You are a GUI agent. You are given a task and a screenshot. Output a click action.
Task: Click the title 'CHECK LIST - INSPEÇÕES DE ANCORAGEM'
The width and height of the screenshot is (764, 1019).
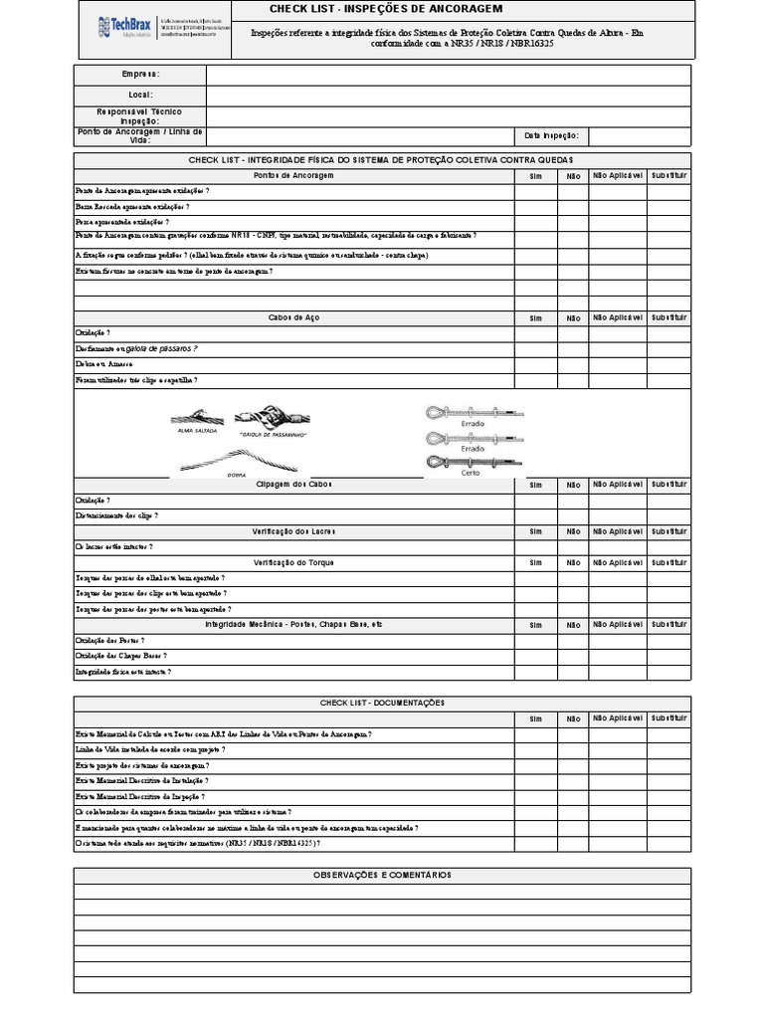tap(385, 10)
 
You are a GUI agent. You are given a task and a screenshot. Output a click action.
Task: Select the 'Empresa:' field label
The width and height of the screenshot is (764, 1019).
tap(140, 75)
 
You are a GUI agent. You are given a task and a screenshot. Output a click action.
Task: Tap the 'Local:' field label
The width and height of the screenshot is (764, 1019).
tap(140, 95)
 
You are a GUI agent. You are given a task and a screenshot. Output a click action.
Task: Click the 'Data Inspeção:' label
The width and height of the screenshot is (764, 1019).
tap(551, 136)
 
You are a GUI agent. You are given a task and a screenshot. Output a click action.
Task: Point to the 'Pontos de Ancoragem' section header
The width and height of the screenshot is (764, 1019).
tap(293, 175)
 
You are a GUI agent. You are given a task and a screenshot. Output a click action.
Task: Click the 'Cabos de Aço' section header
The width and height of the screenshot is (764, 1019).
tap(293, 318)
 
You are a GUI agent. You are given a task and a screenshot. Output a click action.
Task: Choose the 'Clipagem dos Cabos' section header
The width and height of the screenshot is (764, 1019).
tap(293, 485)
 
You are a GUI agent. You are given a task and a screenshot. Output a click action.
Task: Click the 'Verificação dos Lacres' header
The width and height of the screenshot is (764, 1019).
tap(293, 532)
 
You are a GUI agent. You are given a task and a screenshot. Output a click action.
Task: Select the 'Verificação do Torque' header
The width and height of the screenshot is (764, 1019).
tap(293, 563)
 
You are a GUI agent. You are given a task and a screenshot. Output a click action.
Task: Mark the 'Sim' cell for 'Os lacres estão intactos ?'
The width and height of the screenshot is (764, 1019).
tap(535, 547)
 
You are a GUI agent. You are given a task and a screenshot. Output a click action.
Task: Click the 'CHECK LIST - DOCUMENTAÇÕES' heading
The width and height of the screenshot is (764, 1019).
tap(383, 703)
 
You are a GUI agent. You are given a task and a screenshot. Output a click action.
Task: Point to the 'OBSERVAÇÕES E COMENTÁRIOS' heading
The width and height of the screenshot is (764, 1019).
tap(383, 875)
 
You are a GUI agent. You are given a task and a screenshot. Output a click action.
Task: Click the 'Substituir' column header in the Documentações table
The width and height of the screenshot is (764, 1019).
tap(669, 717)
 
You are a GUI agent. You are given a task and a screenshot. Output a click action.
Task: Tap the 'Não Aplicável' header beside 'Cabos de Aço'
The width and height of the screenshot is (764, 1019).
tap(618, 318)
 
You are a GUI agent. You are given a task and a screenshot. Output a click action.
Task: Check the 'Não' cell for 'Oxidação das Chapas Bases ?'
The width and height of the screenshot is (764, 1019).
tap(573, 656)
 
